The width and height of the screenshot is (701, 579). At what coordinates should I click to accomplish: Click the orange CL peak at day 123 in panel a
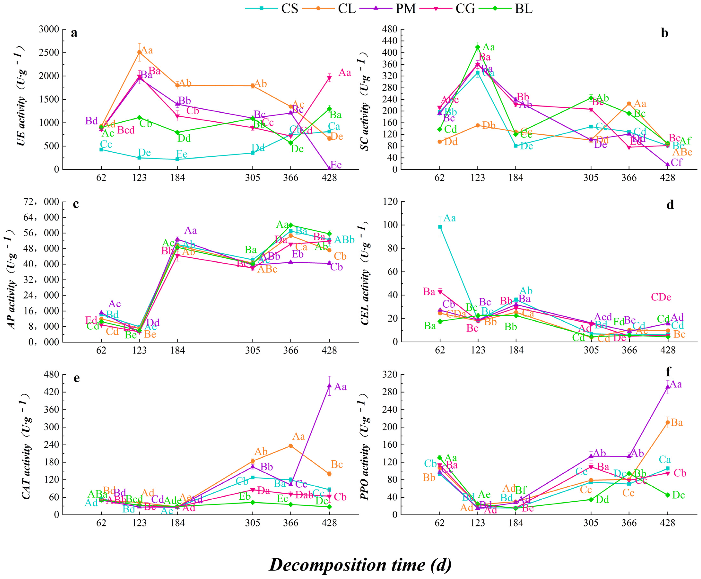(x=139, y=52)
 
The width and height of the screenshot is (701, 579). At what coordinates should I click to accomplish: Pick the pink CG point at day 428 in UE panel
(x=329, y=78)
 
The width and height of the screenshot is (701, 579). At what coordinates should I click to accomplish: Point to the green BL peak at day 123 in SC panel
(x=478, y=47)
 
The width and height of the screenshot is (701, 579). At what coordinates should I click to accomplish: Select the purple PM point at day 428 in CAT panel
(x=329, y=386)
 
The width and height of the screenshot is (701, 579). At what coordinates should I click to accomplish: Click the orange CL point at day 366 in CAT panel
(x=291, y=446)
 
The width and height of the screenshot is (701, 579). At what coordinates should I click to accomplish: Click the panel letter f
(x=668, y=371)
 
